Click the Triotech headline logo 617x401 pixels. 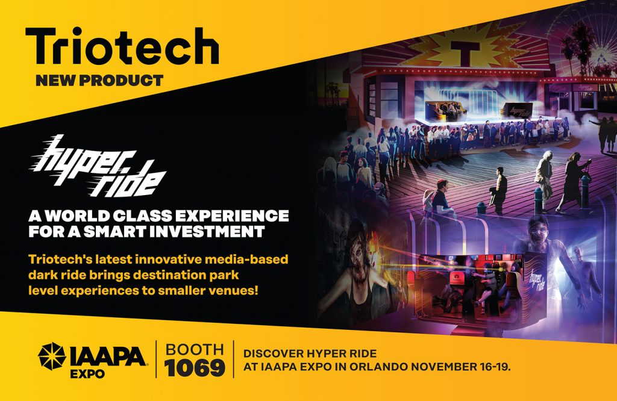point(122,46)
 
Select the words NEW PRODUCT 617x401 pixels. point(99,81)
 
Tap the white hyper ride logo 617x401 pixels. point(98,167)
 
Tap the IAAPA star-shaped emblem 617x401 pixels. point(52,356)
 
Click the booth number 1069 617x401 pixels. point(195,368)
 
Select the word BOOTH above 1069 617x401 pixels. point(195,349)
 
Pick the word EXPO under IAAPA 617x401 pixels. point(87,374)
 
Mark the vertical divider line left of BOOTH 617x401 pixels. point(156,359)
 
